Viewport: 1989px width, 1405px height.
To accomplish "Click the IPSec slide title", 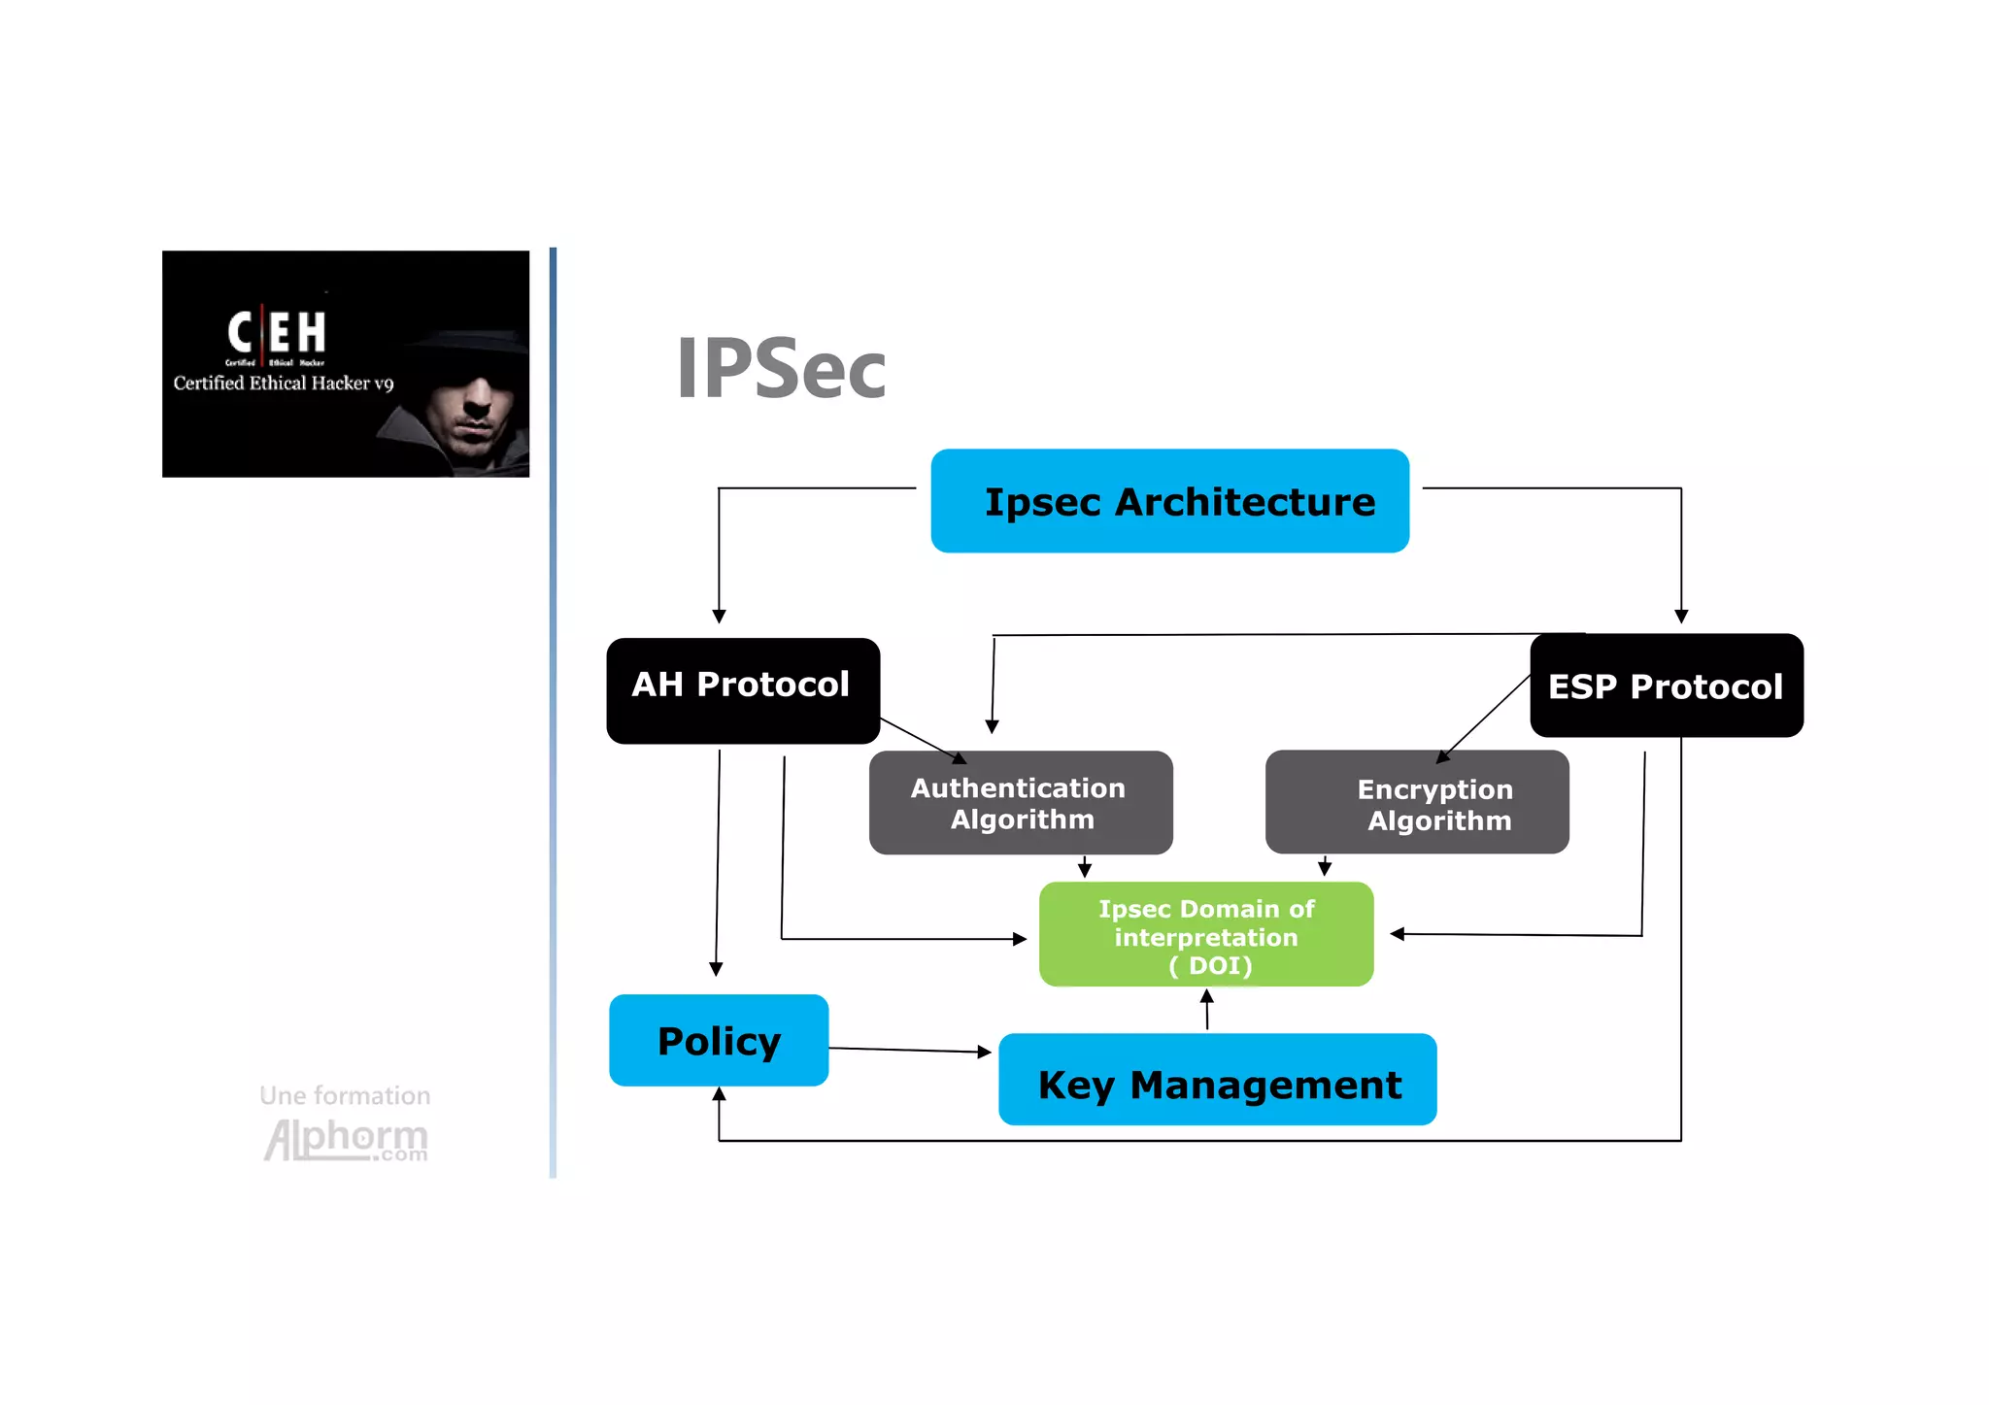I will tap(781, 369).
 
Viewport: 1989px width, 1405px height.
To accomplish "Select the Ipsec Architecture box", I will tap(1169, 501).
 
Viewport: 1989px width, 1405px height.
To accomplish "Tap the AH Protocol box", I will tap(743, 690).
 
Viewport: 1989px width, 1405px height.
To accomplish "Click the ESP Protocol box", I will tap(1667, 686).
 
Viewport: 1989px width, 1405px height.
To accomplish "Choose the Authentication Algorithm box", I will tap(1020, 802).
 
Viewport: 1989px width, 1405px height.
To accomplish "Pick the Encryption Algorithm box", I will tap(1417, 802).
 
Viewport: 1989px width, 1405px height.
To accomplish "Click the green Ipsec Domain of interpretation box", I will tap(1206, 934).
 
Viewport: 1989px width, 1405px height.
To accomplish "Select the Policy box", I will tap(719, 1040).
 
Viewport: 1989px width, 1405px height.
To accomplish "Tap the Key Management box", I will tap(1217, 1080).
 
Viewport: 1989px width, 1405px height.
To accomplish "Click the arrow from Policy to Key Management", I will tap(908, 1050).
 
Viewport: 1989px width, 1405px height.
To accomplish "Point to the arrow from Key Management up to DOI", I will tap(1207, 1010).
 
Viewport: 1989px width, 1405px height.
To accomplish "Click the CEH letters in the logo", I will tap(277, 332).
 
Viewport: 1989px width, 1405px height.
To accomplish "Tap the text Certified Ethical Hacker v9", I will tap(284, 384).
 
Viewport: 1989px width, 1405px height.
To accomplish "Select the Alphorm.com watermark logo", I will tap(346, 1139).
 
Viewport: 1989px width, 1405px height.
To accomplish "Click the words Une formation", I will tap(345, 1095).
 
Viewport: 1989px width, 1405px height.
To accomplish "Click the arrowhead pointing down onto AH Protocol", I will tap(719, 617).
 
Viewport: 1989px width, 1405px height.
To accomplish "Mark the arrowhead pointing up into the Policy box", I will tap(719, 1094).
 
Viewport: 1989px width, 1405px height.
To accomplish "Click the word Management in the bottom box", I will tap(1265, 1085).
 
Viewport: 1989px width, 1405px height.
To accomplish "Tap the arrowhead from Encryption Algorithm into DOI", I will tap(1325, 869).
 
